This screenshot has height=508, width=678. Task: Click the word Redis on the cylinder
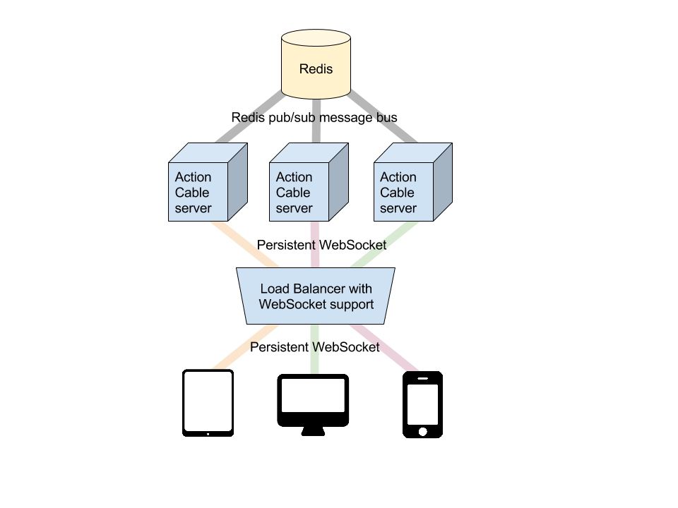pyautogui.click(x=316, y=69)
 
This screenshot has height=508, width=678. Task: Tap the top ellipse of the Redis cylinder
pyautogui.click(x=316, y=39)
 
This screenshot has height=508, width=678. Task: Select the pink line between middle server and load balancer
pyautogui.click(x=316, y=243)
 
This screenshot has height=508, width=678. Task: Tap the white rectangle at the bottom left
pyautogui.click(x=208, y=401)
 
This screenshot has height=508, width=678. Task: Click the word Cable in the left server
pyautogui.click(x=192, y=193)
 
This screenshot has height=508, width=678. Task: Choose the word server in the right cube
pyautogui.click(x=398, y=208)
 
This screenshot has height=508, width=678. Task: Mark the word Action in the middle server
pyautogui.click(x=294, y=177)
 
